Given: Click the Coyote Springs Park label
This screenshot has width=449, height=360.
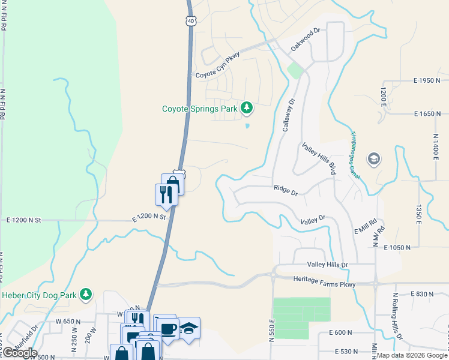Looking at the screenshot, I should [x=200, y=109].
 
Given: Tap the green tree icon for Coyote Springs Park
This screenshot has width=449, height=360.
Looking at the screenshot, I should [x=246, y=108].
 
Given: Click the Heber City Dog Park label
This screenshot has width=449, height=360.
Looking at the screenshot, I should [x=40, y=294].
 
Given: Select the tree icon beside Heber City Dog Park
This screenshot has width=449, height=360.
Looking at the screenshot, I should [x=86, y=293].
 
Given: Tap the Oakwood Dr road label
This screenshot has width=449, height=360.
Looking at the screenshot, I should [x=306, y=38].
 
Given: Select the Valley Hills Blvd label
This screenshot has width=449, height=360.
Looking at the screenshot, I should [x=319, y=158].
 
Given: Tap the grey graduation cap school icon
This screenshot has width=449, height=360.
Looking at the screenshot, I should [x=373, y=160].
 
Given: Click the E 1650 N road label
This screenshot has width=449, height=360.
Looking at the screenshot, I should [x=431, y=113].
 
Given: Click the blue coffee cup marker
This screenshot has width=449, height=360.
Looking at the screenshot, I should [x=167, y=328].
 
